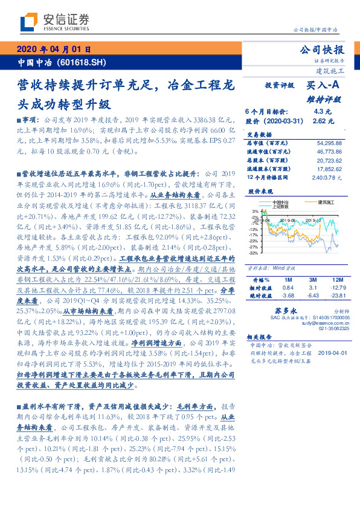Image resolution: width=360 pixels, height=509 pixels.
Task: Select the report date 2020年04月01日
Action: coord(53,49)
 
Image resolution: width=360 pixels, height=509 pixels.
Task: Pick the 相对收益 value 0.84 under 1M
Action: coord(288,288)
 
